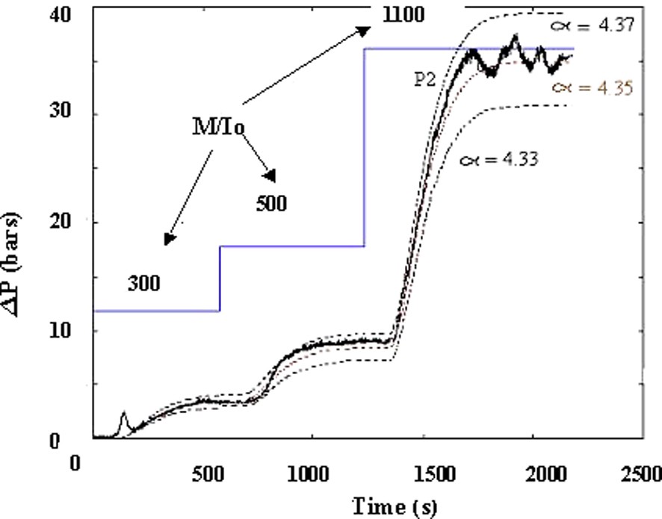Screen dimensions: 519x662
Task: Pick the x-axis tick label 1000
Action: point(309,474)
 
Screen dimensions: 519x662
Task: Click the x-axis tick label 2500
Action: point(642,474)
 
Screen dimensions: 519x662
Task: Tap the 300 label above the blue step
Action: point(143,283)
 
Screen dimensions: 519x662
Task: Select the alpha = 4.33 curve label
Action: point(498,158)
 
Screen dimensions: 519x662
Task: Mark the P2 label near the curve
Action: point(426,80)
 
